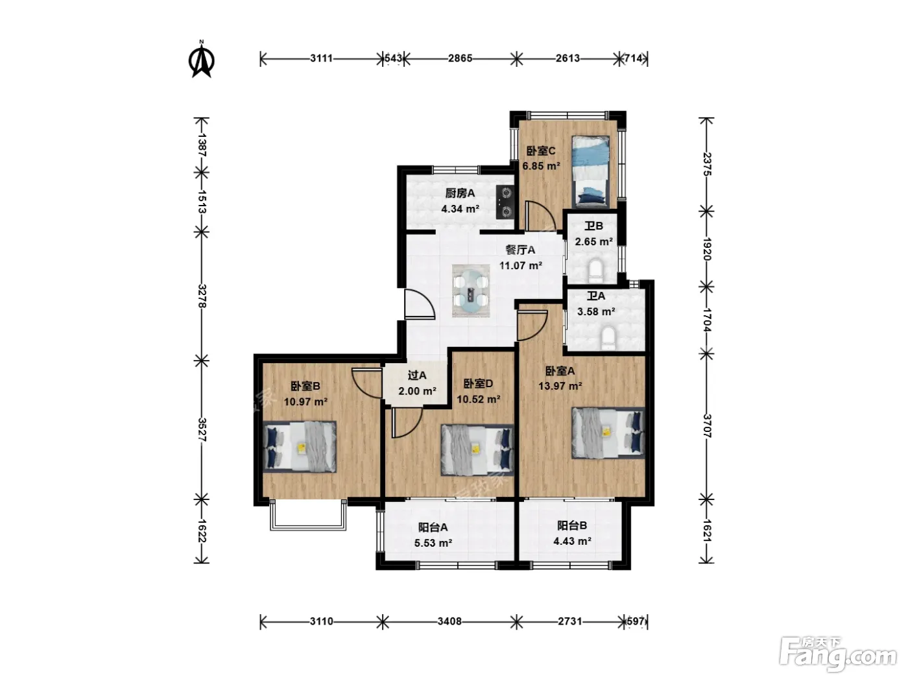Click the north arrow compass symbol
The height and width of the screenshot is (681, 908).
pos(202,60)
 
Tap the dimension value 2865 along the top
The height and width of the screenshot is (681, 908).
pos(460,58)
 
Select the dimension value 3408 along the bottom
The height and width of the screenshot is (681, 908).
pos(449,621)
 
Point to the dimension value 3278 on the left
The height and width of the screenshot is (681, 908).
pos(202,296)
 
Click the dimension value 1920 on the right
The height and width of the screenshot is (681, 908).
pos(706,249)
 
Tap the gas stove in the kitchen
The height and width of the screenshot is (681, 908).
pos(505,202)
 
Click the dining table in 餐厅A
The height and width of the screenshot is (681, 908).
pos(471,291)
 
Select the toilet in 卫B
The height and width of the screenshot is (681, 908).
pos(595,269)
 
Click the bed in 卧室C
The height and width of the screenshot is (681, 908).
pos(590,172)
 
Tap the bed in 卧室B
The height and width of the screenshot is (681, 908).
pos(300,447)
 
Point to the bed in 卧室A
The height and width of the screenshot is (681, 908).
pos(608,433)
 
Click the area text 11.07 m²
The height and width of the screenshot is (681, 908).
pos(520,265)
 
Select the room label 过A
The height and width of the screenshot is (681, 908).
pos(416,375)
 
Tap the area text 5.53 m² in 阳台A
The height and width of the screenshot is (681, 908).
pos(433,543)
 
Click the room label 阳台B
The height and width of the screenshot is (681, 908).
pos(572,525)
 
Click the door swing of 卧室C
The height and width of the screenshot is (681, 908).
pos(538,215)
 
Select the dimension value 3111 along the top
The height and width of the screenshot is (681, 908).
pos(322,58)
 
